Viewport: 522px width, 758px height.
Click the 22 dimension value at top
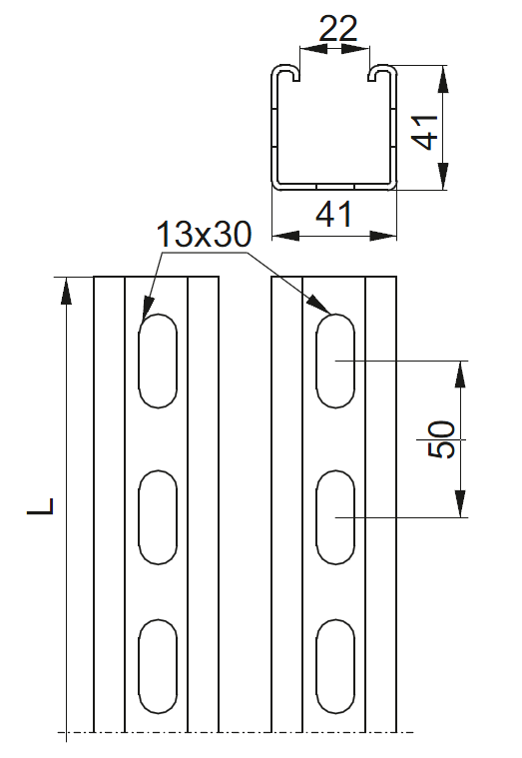pyautogui.click(x=337, y=29)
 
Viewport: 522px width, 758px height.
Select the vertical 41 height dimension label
pyautogui.click(x=425, y=132)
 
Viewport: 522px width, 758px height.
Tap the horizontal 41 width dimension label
pyautogui.click(x=334, y=214)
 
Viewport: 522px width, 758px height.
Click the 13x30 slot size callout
pyautogui.click(x=204, y=235)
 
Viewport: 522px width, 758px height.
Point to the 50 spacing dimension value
pyautogui.click(x=441, y=439)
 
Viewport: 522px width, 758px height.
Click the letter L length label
pyautogui.click(x=41, y=505)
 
